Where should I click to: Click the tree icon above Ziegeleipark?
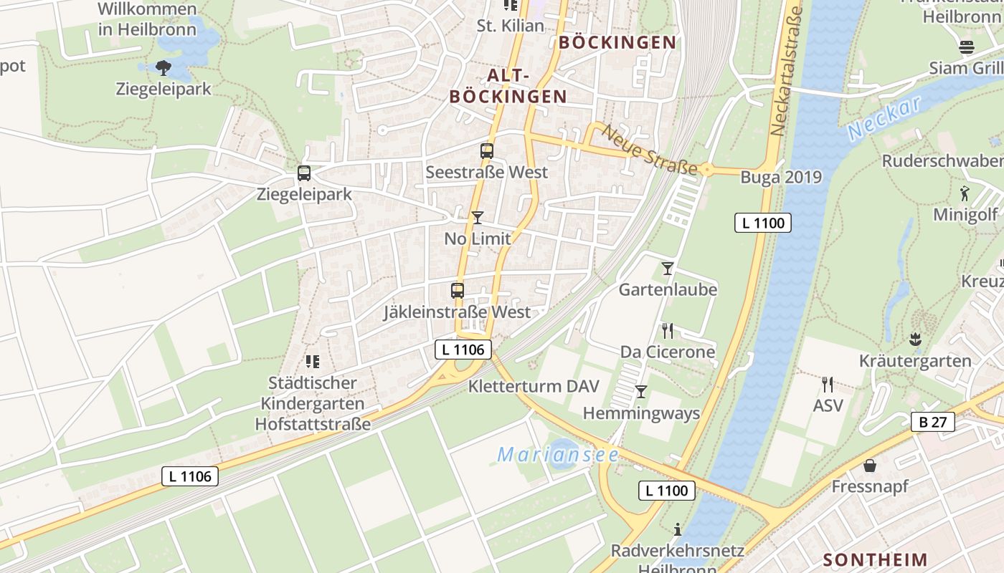pyautogui.click(x=164, y=68)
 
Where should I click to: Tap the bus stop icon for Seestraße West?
pyautogui.click(x=487, y=151)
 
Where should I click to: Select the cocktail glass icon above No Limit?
pyautogui.click(x=478, y=217)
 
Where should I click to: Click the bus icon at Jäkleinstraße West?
pyautogui.click(x=458, y=291)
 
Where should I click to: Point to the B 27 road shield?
pyautogui.click(x=932, y=422)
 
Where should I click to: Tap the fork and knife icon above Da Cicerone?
pyautogui.click(x=668, y=330)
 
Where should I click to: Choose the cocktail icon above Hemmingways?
pyautogui.click(x=641, y=392)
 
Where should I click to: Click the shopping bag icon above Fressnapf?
pyautogui.click(x=870, y=466)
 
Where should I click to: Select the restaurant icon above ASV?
pyautogui.click(x=828, y=384)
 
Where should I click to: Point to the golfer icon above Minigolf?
pyautogui.click(x=965, y=193)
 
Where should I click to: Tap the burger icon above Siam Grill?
pyautogui.click(x=967, y=47)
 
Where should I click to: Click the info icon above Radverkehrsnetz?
pyautogui.click(x=678, y=529)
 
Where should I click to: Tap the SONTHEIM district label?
pyautogui.click(x=875, y=559)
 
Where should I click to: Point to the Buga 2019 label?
pyautogui.click(x=781, y=177)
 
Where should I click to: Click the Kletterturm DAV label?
pyautogui.click(x=533, y=386)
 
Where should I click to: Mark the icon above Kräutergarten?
pyautogui.click(x=914, y=338)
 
